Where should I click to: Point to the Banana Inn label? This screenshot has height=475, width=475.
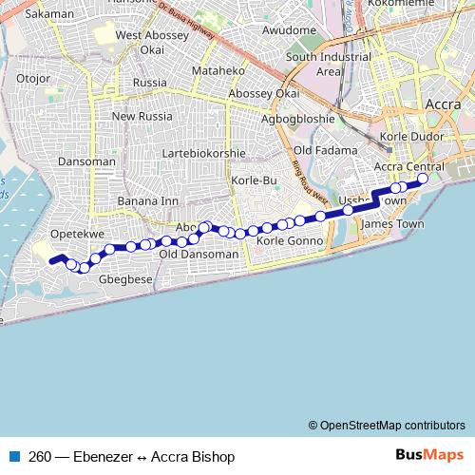[147, 201]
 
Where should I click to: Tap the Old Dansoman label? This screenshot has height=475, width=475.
[199, 254]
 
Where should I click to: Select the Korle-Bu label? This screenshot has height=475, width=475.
[255, 180]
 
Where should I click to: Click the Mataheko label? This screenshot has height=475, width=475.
[218, 70]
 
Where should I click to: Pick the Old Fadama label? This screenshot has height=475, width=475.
[326, 150]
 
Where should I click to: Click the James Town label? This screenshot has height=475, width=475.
[393, 223]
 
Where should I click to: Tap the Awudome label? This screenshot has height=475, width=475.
[290, 30]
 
